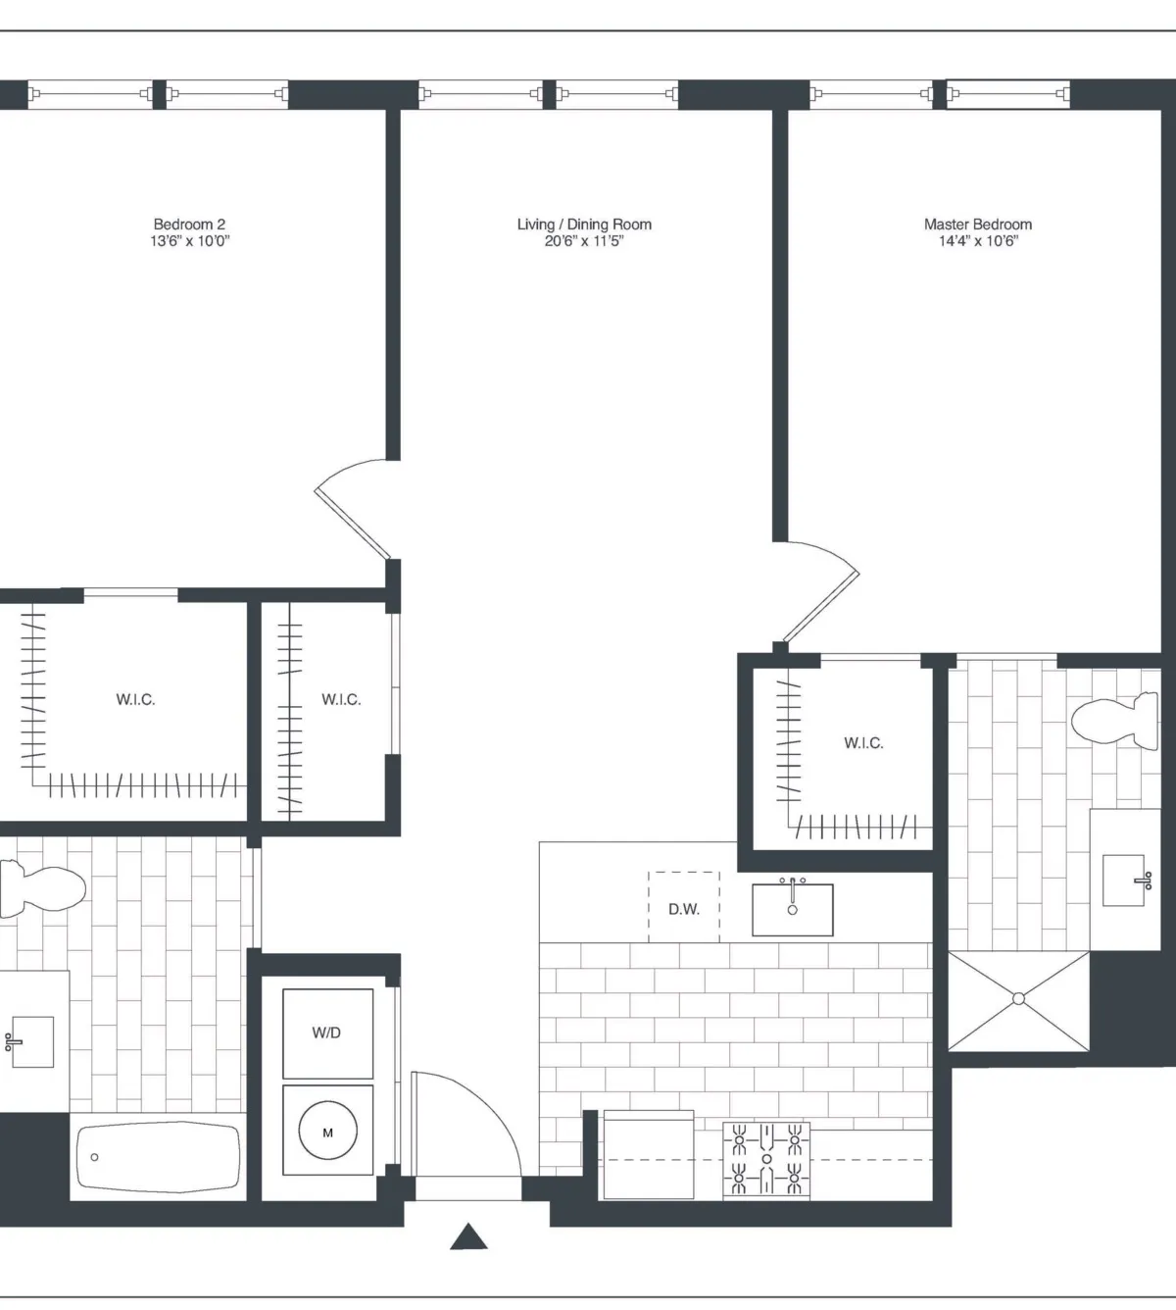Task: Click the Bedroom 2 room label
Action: tap(189, 225)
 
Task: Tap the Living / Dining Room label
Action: tap(584, 225)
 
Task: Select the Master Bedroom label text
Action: tap(977, 225)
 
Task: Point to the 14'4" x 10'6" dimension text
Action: tap(977, 241)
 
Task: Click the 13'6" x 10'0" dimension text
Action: tap(189, 241)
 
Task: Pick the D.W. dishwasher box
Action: tap(684, 907)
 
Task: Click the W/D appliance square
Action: tap(327, 1033)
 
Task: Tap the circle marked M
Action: tap(327, 1133)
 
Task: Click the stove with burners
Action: tap(766, 1160)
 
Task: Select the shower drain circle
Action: tap(1018, 998)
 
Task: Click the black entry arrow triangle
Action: tap(468, 1237)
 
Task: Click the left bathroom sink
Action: tap(29, 1041)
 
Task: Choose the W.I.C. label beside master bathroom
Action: tap(863, 743)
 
